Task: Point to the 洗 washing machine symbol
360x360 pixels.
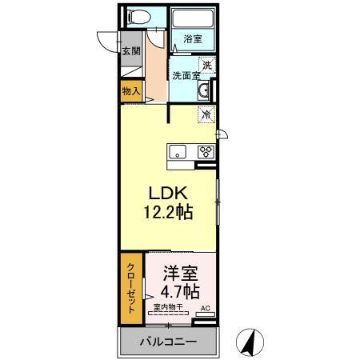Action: [206, 66]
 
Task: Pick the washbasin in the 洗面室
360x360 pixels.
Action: [205, 90]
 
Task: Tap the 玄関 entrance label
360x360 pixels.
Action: [130, 52]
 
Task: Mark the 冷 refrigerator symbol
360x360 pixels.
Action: [206, 115]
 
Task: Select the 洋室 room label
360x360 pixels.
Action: [180, 271]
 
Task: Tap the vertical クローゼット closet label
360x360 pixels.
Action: [130, 289]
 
